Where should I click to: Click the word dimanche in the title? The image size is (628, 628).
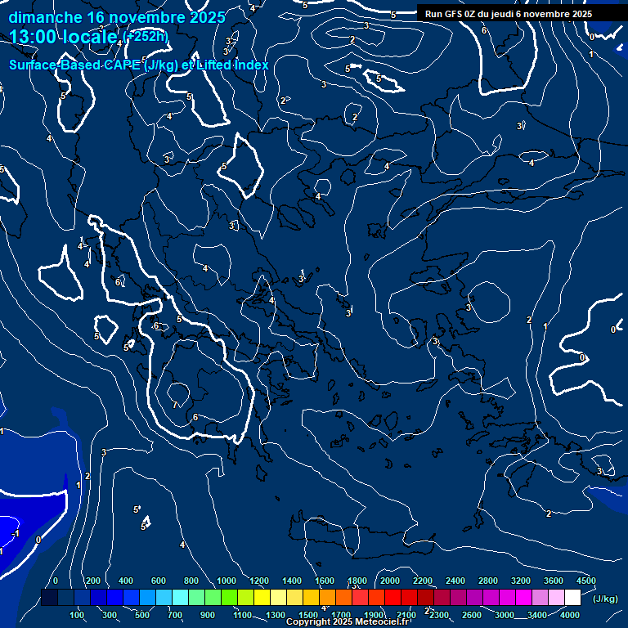[x=45, y=17]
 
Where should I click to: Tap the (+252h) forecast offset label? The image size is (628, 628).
[x=146, y=35]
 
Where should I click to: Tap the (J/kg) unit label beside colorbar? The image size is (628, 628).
[x=604, y=599]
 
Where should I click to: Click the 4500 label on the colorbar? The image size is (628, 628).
[x=585, y=581]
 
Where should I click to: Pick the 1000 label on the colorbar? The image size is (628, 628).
[x=227, y=581]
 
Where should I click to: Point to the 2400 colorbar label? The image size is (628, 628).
[x=455, y=581]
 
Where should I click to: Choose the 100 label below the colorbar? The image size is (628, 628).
[x=78, y=615]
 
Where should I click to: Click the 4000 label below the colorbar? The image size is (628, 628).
[x=571, y=615]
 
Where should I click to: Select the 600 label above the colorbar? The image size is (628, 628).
[x=159, y=581]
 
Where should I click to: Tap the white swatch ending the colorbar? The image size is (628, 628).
[x=572, y=598]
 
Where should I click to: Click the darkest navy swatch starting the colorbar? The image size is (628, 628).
[x=49, y=598]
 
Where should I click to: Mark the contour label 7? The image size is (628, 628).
[x=175, y=405]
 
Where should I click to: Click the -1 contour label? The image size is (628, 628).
[x=16, y=533]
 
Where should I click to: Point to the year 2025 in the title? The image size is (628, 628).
[x=208, y=17]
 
